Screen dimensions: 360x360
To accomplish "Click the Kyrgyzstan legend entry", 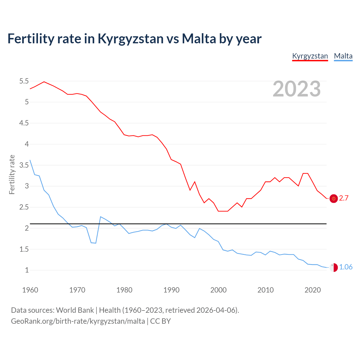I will pyautogui.click(x=310, y=56).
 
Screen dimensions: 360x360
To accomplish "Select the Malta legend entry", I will pyautogui.click(x=343, y=56).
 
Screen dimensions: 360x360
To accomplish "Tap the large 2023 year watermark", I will pyautogui.click(x=296, y=89).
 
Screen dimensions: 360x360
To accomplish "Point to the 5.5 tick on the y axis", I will pyautogui.click(x=24, y=81).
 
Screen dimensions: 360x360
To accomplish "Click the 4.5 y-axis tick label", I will pyautogui.click(x=24, y=123).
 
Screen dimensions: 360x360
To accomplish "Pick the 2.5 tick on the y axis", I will pyautogui.click(x=24, y=207).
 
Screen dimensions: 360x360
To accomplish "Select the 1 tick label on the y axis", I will pyautogui.click(x=27, y=270).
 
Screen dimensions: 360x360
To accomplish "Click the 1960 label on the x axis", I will pyautogui.click(x=30, y=290).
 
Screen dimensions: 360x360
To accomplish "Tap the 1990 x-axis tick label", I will pyautogui.click(x=171, y=290).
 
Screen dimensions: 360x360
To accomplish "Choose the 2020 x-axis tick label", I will pyautogui.click(x=312, y=290).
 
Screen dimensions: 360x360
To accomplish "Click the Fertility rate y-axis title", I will pyautogui.click(x=12, y=174).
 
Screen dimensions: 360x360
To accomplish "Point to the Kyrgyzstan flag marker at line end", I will pyautogui.click(x=334, y=199).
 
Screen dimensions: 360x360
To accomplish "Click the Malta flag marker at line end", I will pyautogui.click(x=334, y=267).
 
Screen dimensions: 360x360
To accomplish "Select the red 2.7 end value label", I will pyautogui.click(x=344, y=198).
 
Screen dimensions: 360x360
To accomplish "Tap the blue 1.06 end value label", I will pyautogui.click(x=346, y=267).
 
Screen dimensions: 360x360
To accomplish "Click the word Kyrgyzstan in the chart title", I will pyautogui.click(x=130, y=39).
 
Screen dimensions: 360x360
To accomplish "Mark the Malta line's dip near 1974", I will pyautogui.click(x=96, y=243).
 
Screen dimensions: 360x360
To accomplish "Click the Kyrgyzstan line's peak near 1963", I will pyautogui.click(x=44, y=82).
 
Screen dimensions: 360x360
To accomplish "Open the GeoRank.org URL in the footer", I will pyautogui.click(x=78, y=321).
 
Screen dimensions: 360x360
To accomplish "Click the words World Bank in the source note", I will pyautogui.click(x=75, y=310).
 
